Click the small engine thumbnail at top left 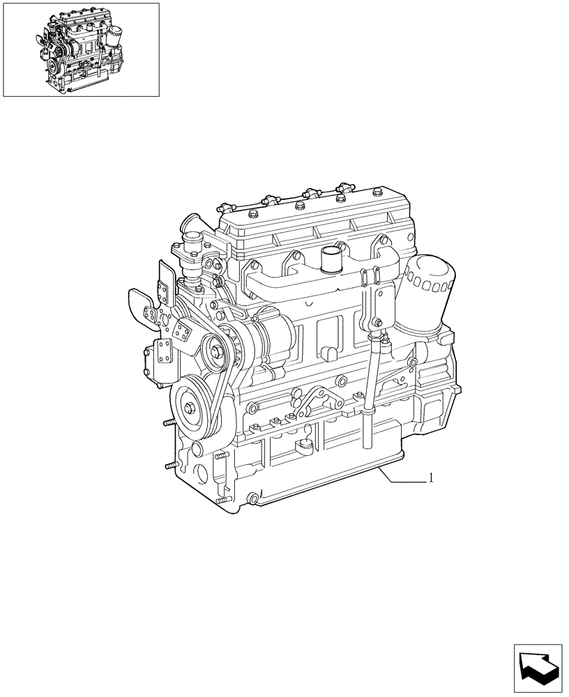(81, 49)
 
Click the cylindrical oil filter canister (432, 293)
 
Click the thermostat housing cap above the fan (189, 227)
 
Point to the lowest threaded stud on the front (223, 500)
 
